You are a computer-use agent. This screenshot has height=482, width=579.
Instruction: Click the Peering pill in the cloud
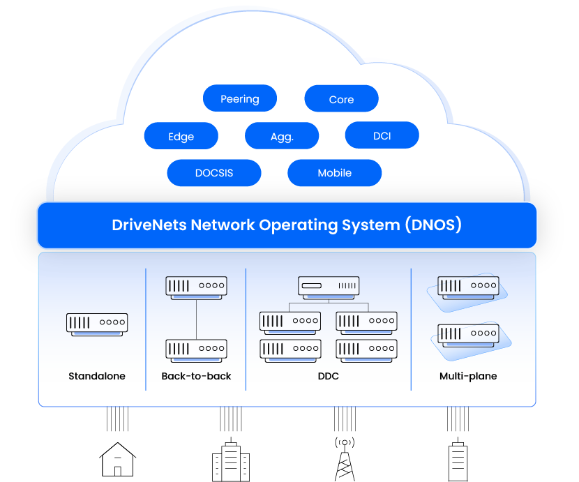(239, 99)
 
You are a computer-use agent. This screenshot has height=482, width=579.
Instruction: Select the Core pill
(341, 99)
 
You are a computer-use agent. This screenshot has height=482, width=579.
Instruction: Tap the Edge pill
(181, 136)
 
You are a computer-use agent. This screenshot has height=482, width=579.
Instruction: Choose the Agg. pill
(282, 137)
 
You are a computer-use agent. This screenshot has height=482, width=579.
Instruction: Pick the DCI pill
(382, 135)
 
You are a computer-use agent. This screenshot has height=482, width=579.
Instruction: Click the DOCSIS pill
(214, 173)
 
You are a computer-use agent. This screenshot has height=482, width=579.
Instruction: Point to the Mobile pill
(334, 173)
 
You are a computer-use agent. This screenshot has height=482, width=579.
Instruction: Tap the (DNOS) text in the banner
(433, 225)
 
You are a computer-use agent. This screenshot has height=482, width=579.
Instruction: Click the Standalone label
(97, 376)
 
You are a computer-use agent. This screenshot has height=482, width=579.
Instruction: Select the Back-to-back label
(196, 376)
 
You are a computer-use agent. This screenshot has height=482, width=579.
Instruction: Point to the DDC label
(329, 376)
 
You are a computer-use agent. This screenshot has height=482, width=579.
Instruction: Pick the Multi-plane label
(468, 376)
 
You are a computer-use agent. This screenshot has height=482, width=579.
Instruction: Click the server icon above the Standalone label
(97, 323)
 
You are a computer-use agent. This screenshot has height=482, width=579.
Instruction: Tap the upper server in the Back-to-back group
(196, 286)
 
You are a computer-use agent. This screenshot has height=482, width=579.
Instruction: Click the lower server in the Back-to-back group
(196, 348)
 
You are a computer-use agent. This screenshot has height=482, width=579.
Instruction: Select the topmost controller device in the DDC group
(329, 285)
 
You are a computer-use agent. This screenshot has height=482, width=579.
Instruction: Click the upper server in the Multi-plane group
(468, 286)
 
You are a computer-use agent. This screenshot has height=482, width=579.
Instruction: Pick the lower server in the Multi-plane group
(468, 333)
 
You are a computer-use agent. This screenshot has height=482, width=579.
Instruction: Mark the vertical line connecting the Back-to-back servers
(196, 317)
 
